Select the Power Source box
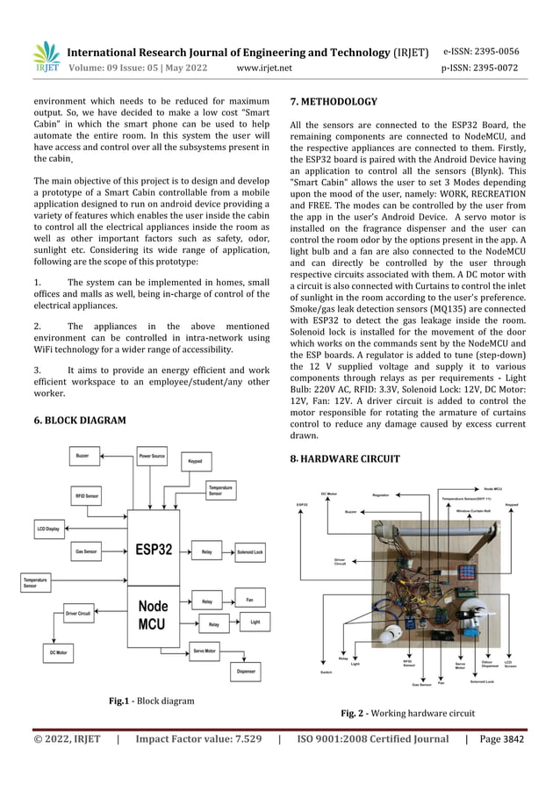(x=152, y=457)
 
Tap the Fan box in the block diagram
(x=249, y=600)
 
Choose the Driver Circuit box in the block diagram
(x=78, y=612)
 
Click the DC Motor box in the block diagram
(x=61, y=653)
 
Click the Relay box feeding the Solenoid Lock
(x=207, y=552)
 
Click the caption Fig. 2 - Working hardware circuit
(x=407, y=713)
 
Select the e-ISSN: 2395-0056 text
(x=481, y=51)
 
